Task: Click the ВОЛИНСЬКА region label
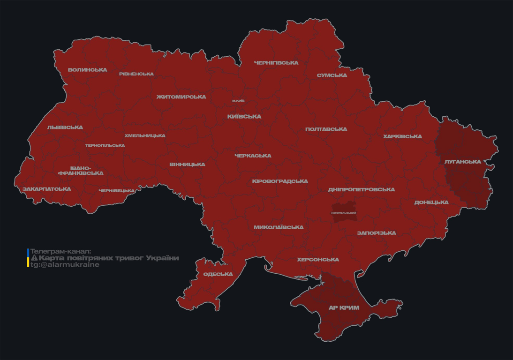coord(87,70)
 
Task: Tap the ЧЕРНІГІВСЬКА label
coord(276,63)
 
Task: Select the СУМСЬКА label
coord(332,75)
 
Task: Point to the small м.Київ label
coord(238,101)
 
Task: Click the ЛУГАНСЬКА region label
coord(462,162)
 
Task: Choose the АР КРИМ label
coord(344,308)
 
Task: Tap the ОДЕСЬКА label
coord(218,274)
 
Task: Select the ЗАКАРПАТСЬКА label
coord(46,189)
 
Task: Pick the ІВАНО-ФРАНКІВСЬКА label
coord(81,171)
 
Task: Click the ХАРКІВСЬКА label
coord(402,137)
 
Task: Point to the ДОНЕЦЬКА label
coord(431,202)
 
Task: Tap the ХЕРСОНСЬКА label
coord(317,260)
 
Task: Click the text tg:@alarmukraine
coord(65,265)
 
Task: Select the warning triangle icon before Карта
coord(34,258)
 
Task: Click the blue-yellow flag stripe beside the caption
coord(28,258)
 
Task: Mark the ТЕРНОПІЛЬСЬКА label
coord(105,145)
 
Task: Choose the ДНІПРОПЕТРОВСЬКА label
coord(361,190)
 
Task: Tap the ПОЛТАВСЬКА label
coord(326,129)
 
